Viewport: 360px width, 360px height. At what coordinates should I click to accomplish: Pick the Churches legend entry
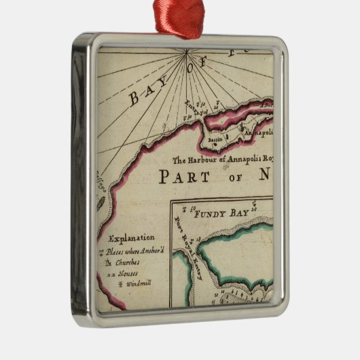tap(128, 262)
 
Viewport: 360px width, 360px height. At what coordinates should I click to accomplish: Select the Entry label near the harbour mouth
tap(194, 107)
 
